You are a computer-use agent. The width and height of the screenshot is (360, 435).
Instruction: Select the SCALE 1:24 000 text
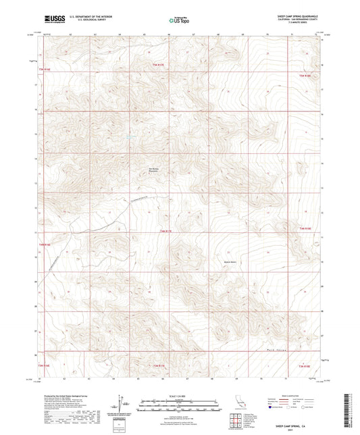coord(179,395)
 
